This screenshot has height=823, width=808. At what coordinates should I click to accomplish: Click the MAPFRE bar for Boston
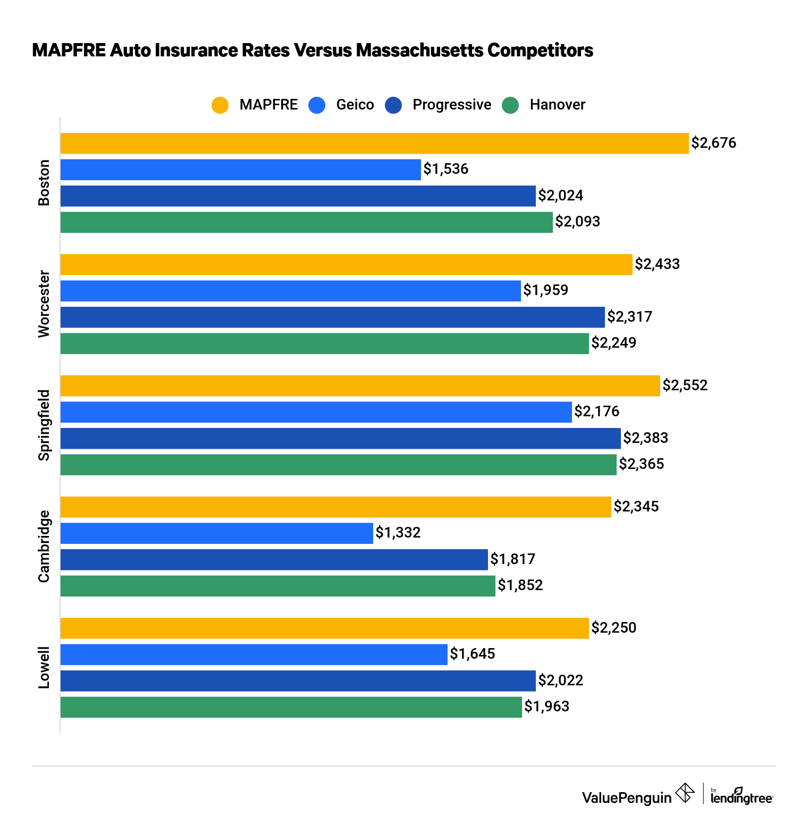tap(374, 144)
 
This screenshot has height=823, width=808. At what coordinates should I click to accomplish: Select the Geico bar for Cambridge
tap(217, 533)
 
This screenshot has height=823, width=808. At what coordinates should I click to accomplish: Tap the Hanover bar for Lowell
tap(291, 707)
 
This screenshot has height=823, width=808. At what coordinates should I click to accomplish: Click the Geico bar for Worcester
tap(290, 291)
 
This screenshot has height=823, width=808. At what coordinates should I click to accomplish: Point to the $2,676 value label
tap(713, 143)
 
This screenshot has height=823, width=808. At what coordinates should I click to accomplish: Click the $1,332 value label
tap(398, 533)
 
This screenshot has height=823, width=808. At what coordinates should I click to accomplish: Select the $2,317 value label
tap(629, 317)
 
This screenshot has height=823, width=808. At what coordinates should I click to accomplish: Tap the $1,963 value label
tap(546, 707)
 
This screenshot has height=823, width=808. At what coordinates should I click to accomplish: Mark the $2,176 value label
tap(597, 411)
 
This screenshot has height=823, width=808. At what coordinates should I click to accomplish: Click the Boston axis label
tap(44, 182)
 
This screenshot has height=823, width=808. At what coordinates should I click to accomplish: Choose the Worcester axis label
tap(44, 304)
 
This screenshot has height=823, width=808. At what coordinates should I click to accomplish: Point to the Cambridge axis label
tap(44, 546)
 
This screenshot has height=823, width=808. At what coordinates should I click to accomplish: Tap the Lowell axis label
tap(44, 667)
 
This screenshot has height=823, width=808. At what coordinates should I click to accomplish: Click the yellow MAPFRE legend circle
tap(220, 105)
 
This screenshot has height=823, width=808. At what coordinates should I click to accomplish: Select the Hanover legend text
tap(557, 105)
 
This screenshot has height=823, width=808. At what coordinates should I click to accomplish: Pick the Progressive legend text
tap(452, 105)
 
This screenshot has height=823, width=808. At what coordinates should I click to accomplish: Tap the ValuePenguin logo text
tap(626, 797)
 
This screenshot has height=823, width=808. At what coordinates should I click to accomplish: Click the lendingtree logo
tap(742, 796)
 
